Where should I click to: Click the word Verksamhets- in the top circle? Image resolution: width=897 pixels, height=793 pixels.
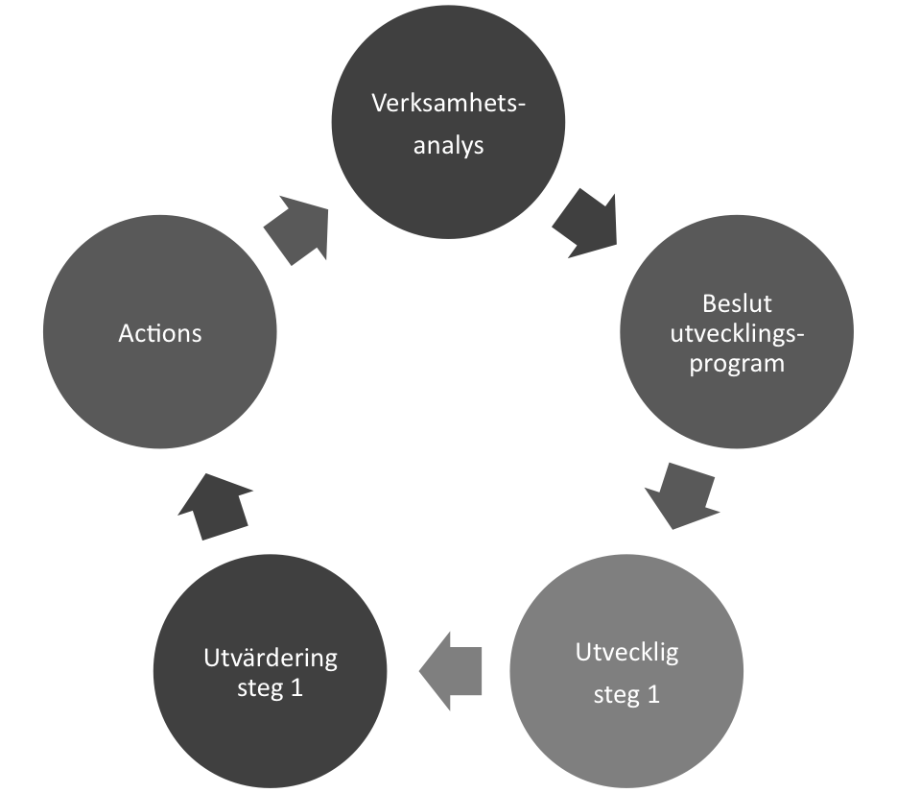(448, 103)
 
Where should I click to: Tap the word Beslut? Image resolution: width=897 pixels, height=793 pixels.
(737, 303)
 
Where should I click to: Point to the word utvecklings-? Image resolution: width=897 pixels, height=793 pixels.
(737, 334)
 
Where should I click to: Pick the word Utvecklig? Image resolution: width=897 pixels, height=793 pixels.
(627, 653)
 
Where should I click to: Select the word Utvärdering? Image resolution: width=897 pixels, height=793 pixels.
(271, 659)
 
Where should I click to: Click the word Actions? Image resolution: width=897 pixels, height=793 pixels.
(160, 333)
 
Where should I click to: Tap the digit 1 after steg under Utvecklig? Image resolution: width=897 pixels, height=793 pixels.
(653, 695)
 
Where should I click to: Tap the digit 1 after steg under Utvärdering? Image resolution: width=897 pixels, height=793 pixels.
(296, 687)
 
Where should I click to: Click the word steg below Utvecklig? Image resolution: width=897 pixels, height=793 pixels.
(617, 696)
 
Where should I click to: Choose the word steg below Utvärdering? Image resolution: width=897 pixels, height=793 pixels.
(260, 688)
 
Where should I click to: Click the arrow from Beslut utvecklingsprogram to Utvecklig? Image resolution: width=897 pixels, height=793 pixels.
(682, 495)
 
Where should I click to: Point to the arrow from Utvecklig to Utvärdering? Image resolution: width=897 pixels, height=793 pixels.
(451, 671)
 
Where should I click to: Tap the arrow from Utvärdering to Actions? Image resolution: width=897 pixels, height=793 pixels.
(215, 507)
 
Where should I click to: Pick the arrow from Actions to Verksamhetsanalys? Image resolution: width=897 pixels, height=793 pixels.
(296, 230)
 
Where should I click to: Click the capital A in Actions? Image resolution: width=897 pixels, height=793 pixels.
(127, 333)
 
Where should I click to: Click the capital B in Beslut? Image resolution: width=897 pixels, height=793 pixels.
(709, 303)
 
